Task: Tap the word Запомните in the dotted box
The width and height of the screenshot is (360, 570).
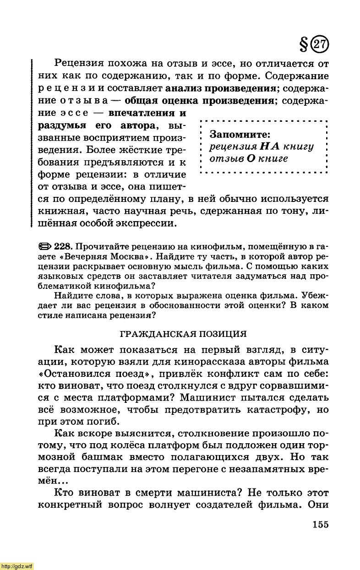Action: [240, 135]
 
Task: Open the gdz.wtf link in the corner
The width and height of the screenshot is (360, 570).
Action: [17, 566]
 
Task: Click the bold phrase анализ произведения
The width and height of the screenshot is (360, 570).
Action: [221, 87]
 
